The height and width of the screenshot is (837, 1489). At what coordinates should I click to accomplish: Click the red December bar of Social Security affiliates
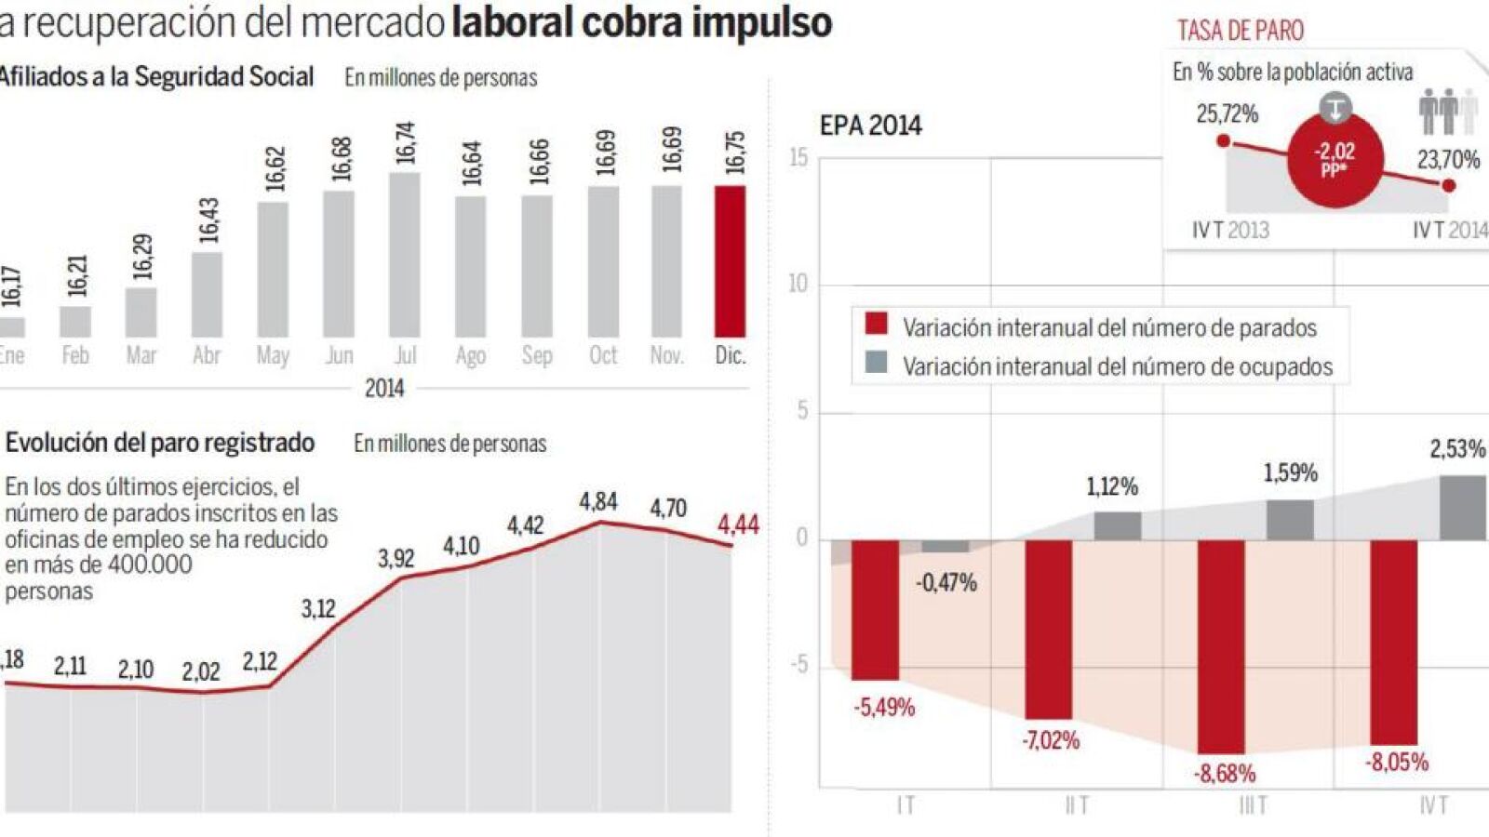pos(730,261)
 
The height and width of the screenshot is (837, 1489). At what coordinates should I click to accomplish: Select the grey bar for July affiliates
pos(405,255)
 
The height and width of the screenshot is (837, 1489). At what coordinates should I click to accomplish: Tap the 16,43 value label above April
pos(208,219)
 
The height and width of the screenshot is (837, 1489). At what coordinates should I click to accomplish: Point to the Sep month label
pos(537,355)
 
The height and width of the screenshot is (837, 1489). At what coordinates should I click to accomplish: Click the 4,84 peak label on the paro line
pos(598,502)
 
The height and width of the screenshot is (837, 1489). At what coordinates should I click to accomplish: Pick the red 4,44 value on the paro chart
pos(738,525)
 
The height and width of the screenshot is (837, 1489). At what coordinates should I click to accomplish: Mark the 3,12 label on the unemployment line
pos(318,609)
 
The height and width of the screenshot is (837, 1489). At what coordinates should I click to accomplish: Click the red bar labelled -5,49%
pos(875,609)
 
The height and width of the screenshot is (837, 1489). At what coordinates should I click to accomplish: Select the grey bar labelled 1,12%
pos(1117,525)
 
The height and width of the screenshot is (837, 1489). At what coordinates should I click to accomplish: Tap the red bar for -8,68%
pos(1221,646)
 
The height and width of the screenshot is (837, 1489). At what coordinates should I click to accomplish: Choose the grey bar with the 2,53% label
pos(1463,508)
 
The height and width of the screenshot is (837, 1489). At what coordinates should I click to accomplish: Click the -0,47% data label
pos(946,583)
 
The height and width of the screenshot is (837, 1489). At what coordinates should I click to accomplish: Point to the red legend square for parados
pos(877,324)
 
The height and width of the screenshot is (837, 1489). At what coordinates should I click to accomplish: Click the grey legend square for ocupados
pos(877,363)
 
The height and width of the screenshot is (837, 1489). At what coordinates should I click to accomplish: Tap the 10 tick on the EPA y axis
pos(798,284)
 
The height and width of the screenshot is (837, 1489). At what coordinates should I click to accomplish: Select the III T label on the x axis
pos(1253,805)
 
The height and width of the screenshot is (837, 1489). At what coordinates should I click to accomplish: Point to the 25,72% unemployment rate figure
pos(1227,114)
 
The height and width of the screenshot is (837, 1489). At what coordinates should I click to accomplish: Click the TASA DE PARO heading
pos(1241,31)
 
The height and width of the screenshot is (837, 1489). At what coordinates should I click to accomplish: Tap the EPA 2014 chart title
pos(870,126)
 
